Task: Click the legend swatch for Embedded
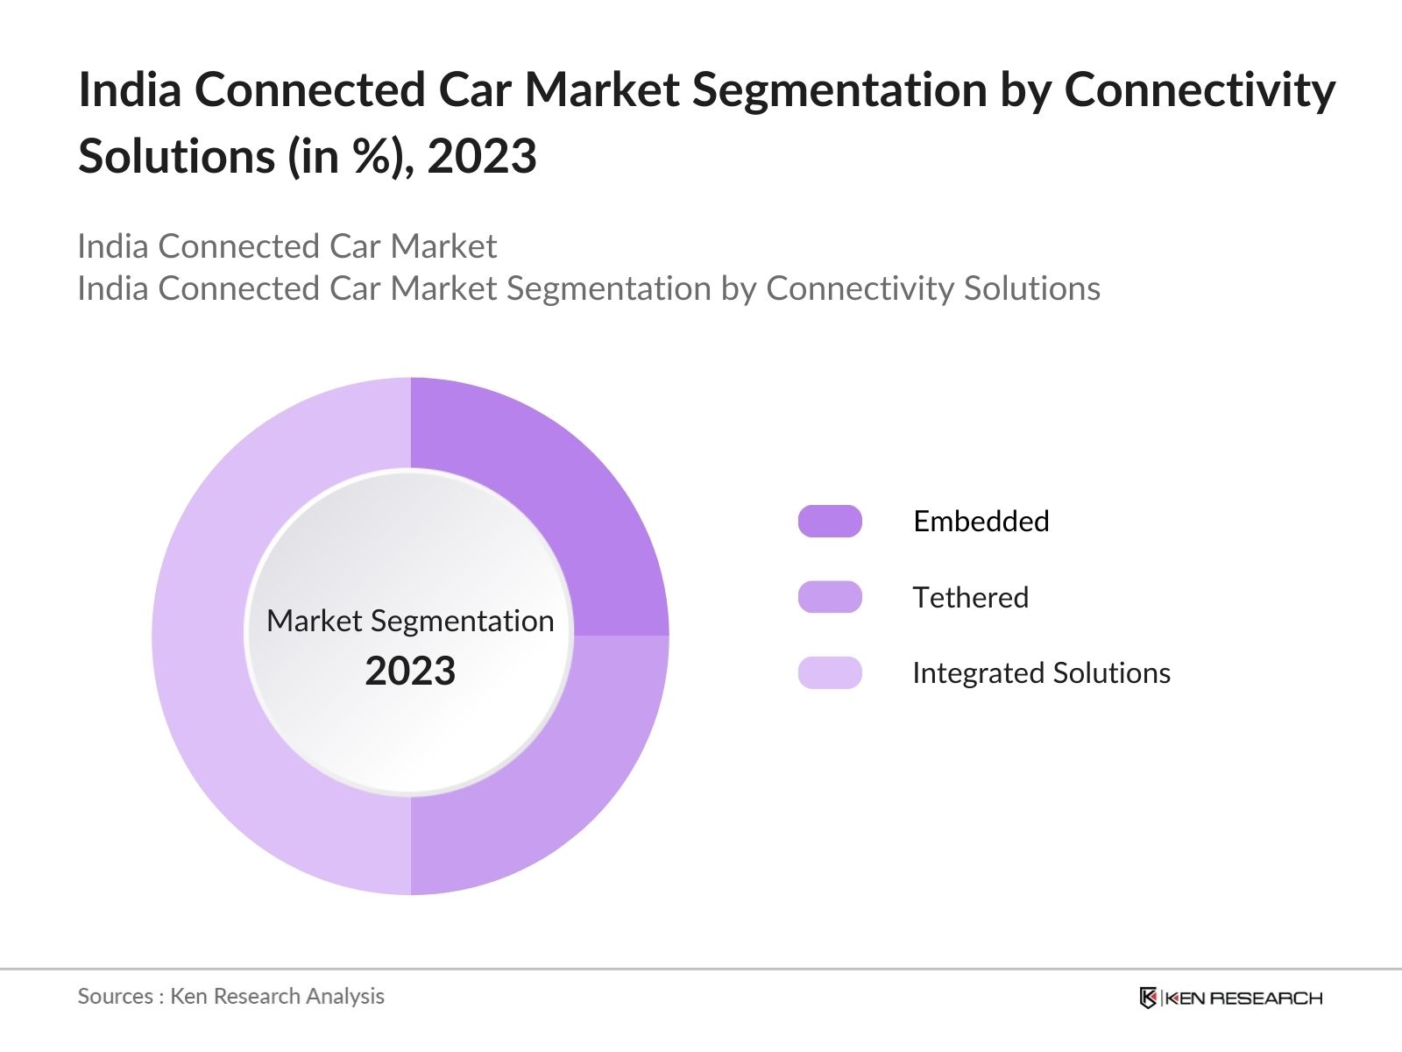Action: tap(830, 522)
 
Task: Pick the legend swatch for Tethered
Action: tap(830, 597)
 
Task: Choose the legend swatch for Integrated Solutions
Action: tap(830, 672)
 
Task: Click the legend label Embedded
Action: tap(981, 522)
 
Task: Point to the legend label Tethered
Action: tap(970, 597)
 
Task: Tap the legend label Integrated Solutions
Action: tap(1041, 672)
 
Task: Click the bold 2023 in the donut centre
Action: tap(410, 672)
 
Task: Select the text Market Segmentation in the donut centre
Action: tap(410, 621)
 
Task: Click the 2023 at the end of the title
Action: tap(482, 157)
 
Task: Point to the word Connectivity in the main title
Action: tap(1200, 90)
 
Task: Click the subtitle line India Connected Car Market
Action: tap(287, 246)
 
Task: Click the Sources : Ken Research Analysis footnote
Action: tap(230, 996)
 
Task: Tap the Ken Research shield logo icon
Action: tap(1148, 998)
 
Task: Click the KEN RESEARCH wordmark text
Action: tap(1243, 998)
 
